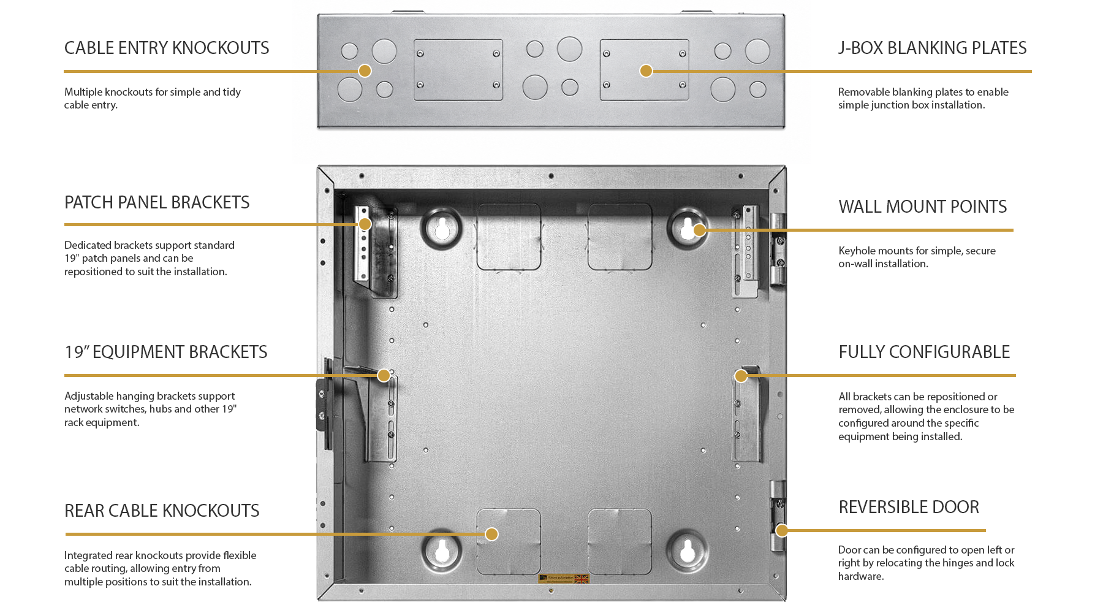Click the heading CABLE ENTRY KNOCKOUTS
click(167, 48)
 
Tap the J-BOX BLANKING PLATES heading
click(932, 48)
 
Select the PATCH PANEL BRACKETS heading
click(157, 202)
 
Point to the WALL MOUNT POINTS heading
click(922, 207)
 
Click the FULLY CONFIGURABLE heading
click(924, 352)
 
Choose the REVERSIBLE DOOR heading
click(909, 507)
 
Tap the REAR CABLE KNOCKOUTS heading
click(162, 511)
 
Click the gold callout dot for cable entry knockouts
click(365, 70)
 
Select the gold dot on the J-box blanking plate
click(646, 70)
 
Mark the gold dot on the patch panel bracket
click(365, 224)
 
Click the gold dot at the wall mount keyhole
click(699, 230)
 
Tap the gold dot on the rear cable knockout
click(491, 534)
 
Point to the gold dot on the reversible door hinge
click(782, 530)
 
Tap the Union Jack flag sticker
click(582, 579)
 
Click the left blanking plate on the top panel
click(458, 70)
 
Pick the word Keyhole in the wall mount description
click(857, 251)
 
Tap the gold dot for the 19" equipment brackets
click(384, 375)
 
